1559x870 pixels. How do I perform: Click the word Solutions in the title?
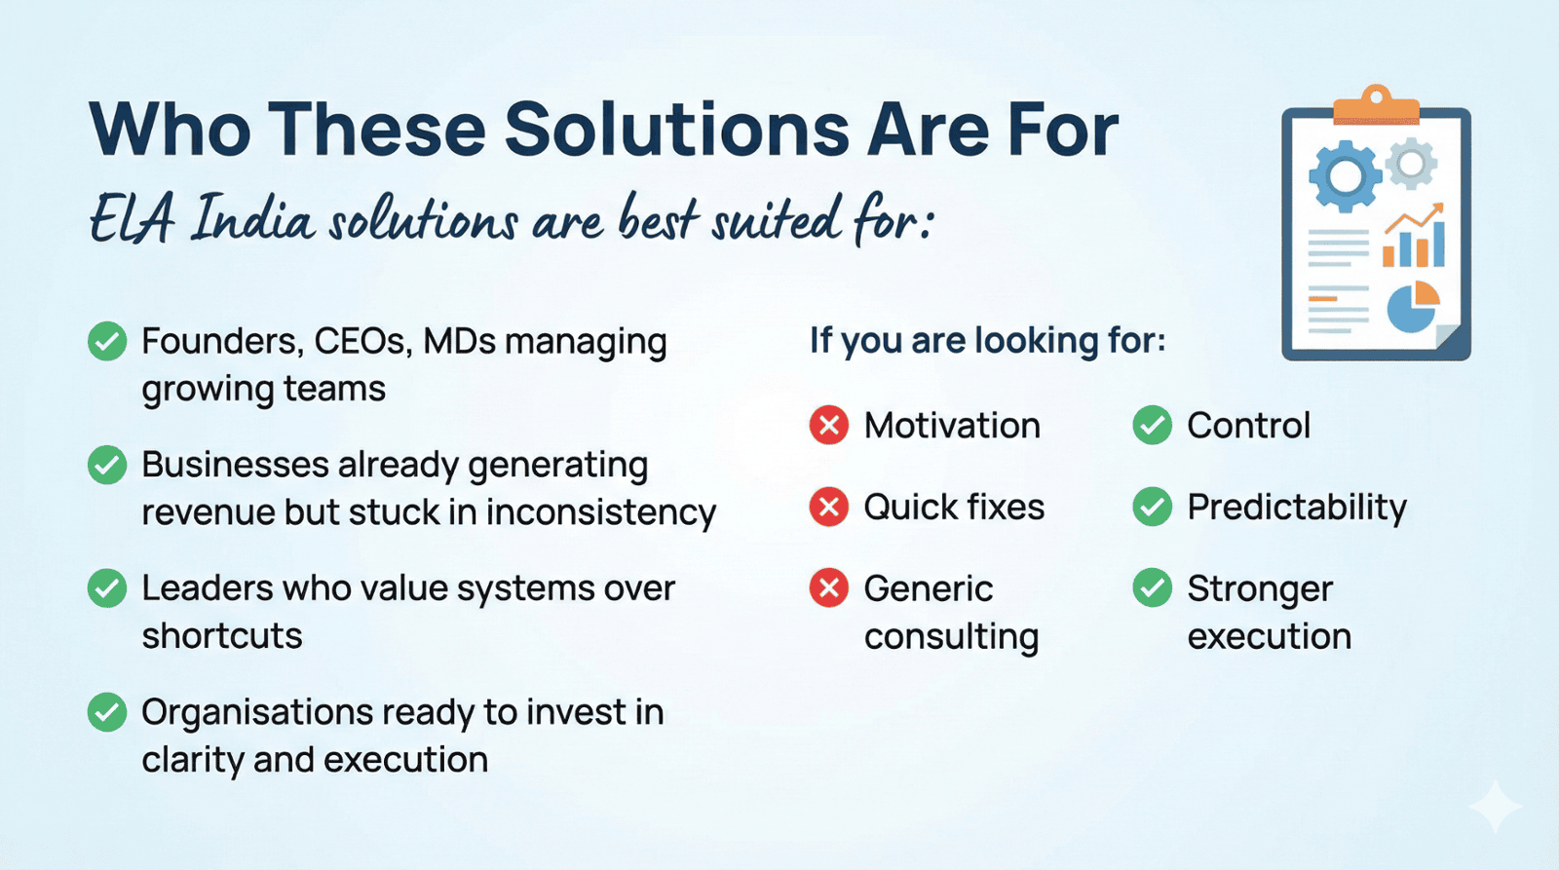click(676, 130)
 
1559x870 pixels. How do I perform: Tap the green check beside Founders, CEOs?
click(107, 341)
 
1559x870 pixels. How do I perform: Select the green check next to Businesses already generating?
click(107, 465)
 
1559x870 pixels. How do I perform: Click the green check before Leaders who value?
click(107, 588)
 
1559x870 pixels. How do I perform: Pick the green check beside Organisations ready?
click(107, 712)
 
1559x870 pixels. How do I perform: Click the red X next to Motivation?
click(829, 425)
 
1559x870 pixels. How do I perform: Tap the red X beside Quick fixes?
click(829, 506)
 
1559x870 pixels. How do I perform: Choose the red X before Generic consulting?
click(829, 587)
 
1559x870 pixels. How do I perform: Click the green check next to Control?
click(1153, 425)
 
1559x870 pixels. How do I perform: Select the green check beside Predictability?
click(1153, 506)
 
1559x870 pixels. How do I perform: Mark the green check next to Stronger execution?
click(1153, 587)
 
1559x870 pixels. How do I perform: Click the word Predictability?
click(1297, 509)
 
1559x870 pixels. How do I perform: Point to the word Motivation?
click(952, 425)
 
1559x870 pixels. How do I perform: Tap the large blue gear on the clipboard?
click(1345, 176)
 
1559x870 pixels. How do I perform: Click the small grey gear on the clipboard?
click(1411, 164)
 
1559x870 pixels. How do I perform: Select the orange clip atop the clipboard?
click(1376, 106)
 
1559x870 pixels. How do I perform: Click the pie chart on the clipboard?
click(1413, 307)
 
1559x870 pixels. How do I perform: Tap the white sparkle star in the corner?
click(1496, 806)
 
